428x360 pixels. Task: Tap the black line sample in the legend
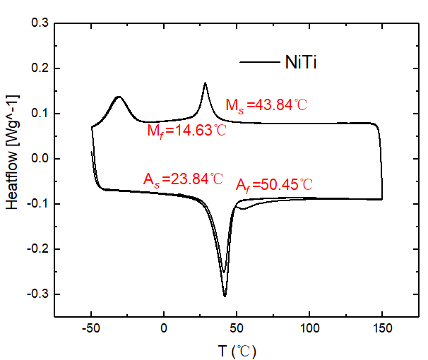coord(259,62)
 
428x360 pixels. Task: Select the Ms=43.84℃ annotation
coord(266,106)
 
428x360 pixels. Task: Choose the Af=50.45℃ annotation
coord(274,185)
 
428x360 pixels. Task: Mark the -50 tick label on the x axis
coord(92,328)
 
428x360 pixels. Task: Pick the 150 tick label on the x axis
coord(382,328)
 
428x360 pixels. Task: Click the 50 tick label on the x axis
coord(237,328)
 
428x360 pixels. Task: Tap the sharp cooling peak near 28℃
coord(205,83)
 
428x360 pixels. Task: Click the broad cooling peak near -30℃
coord(119,97)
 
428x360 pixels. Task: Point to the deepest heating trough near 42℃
coord(225,296)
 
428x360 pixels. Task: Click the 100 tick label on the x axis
coord(309,328)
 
